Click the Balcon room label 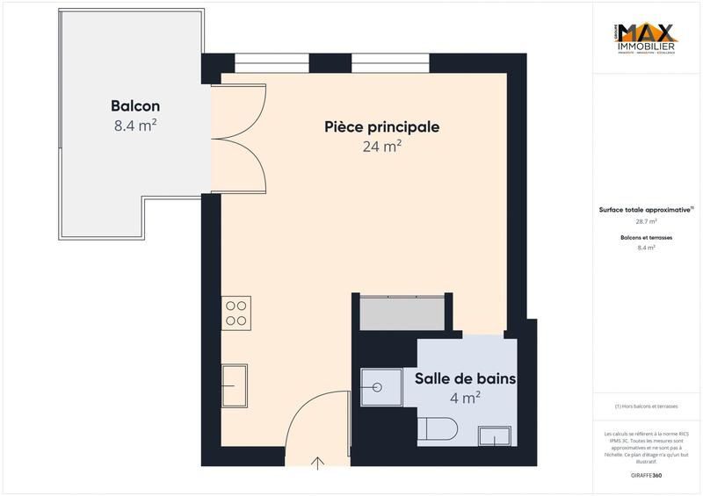tap(135, 106)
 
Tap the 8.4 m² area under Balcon tap(135, 126)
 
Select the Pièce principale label tap(380, 127)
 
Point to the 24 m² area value tap(381, 147)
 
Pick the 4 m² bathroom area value tap(465, 398)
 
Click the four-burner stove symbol tap(236, 313)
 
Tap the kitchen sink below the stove tap(235, 385)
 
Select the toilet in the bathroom tap(436, 429)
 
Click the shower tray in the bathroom tap(380, 385)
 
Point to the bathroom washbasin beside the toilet tap(494, 436)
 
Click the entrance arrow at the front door tap(316, 462)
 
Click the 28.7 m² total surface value tap(647, 221)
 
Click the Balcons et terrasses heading tap(647, 238)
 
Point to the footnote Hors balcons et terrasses tap(647, 406)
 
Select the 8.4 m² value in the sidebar tap(647, 248)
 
